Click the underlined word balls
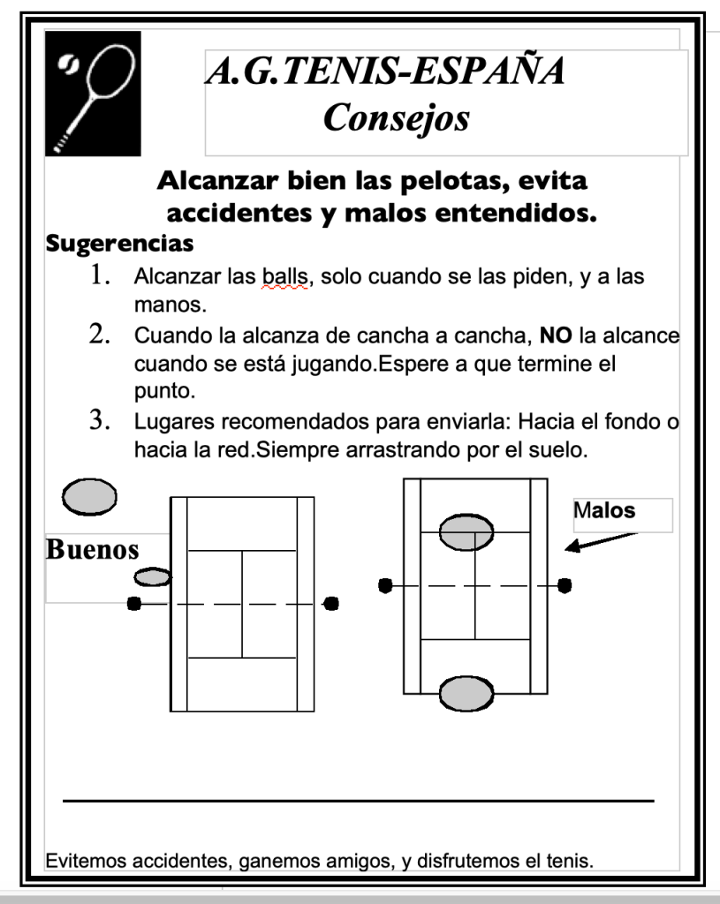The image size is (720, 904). click(x=282, y=276)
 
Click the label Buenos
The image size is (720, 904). click(x=92, y=549)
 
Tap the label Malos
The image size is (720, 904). click(x=605, y=509)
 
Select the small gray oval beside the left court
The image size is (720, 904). click(x=152, y=577)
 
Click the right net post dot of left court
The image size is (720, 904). click(x=331, y=604)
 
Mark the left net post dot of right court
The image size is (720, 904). click(x=385, y=585)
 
